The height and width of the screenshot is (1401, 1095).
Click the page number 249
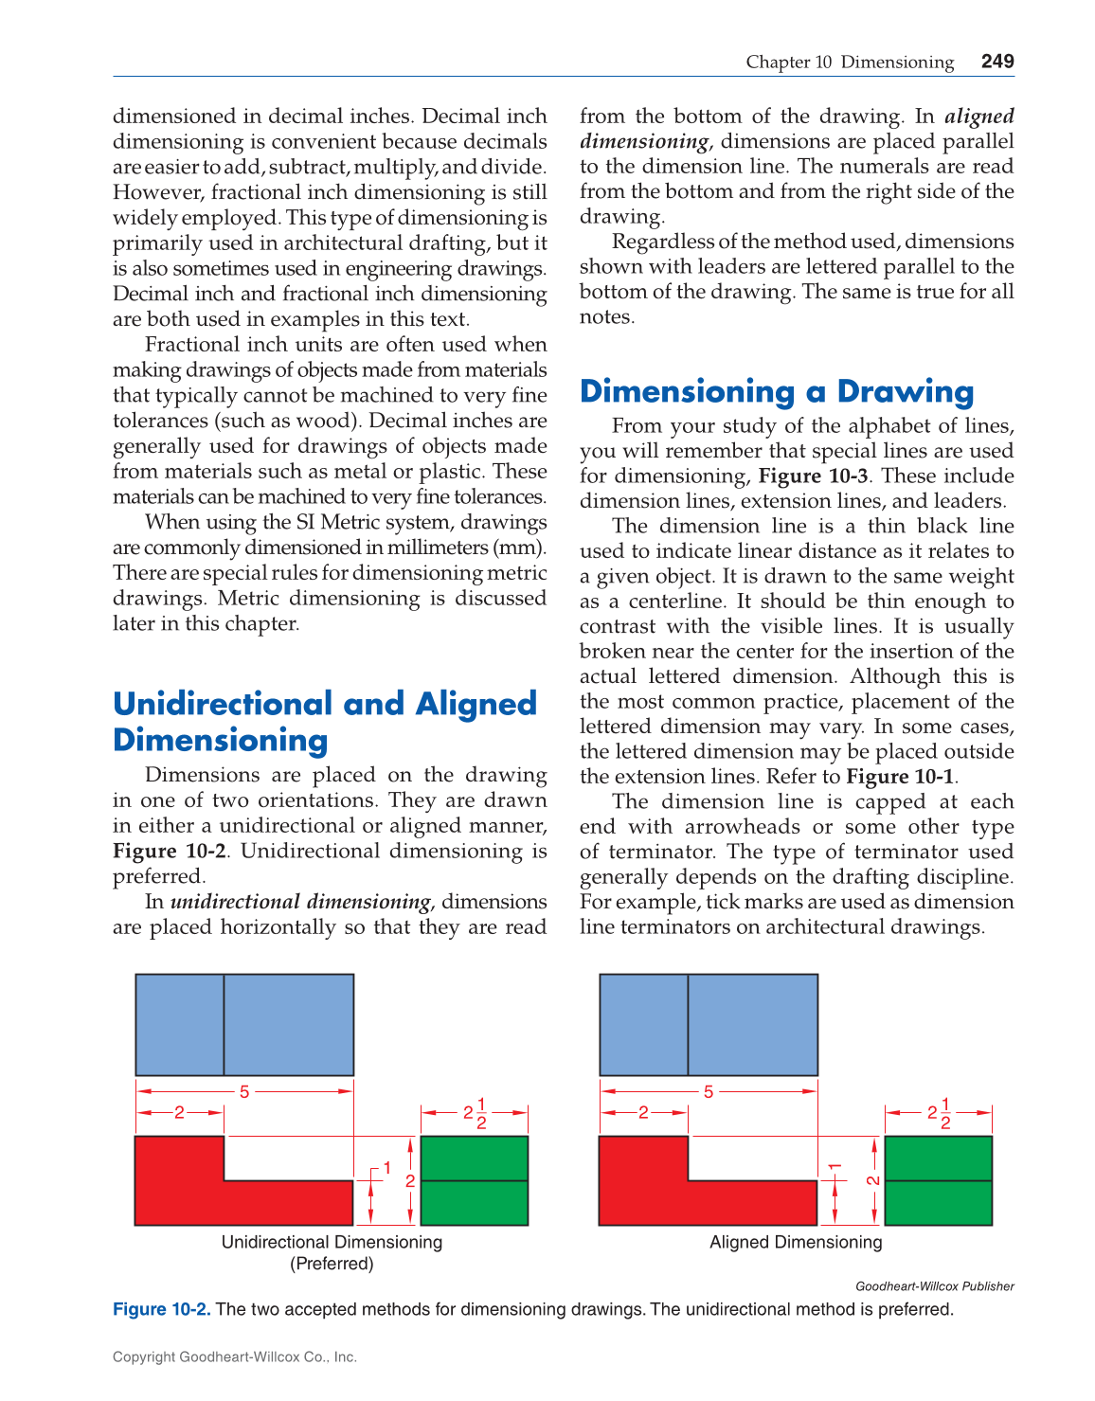pyautogui.click(x=997, y=62)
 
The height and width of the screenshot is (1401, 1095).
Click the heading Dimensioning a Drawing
pyautogui.click(x=777, y=391)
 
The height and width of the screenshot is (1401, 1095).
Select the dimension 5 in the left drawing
pyautogui.click(x=244, y=1091)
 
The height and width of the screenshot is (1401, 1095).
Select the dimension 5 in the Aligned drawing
pyautogui.click(x=709, y=1091)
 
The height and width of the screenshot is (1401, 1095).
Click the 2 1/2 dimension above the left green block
pyautogui.click(x=475, y=1113)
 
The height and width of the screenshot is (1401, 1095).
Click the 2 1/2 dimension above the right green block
pyautogui.click(x=939, y=1113)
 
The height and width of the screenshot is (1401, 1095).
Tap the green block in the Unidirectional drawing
pyautogui.click(x=474, y=1180)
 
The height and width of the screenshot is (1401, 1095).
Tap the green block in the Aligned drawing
pyautogui.click(x=938, y=1180)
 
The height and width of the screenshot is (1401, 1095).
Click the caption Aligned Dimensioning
pyautogui.click(x=796, y=1242)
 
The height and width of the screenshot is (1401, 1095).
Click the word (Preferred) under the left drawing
pyautogui.click(x=332, y=1264)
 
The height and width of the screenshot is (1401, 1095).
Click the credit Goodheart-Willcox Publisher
pyautogui.click(x=934, y=1286)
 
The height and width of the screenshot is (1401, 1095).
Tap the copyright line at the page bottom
pyautogui.click(x=235, y=1356)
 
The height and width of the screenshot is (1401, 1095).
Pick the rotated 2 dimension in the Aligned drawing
pyautogui.click(x=873, y=1180)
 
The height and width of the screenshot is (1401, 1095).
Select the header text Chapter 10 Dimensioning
pyautogui.click(x=850, y=63)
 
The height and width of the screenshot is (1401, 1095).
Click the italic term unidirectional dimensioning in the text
pyautogui.click(x=300, y=901)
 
